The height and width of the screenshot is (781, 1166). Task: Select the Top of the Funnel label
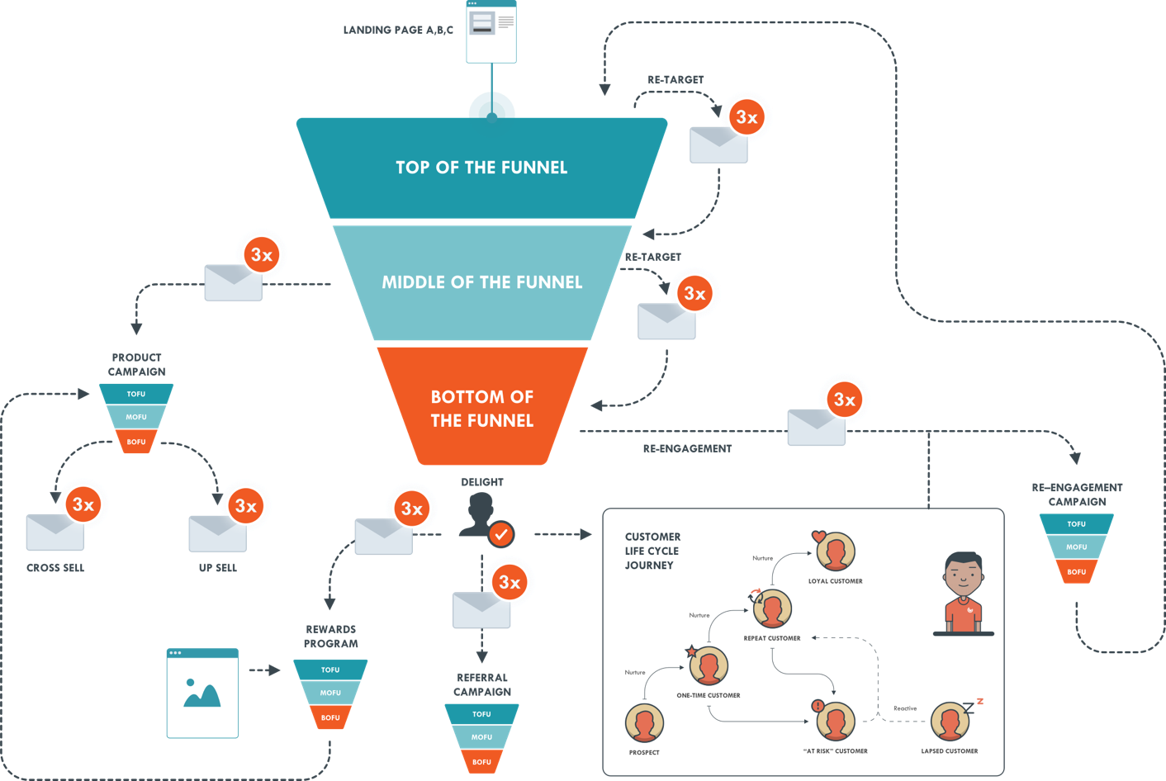tap(481, 168)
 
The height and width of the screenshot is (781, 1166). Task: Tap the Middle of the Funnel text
tap(481, 282)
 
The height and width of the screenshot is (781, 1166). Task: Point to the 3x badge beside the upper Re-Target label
tap(747, 117)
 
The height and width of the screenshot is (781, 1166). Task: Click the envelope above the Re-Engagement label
tap(816, 428)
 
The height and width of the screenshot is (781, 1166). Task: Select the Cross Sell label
tap(55, 568)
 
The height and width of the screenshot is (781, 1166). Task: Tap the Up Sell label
tap(217, 568)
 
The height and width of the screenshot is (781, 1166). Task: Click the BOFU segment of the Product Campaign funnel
tap(136, 442)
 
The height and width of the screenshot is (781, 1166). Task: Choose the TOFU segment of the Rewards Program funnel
tap(330, 670)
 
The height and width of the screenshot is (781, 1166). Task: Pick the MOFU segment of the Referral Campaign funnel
tap(481, 736)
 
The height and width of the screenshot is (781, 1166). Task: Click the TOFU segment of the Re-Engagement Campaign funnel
tap(1076, 523)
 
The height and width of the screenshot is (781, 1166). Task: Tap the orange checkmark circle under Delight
tap(500, 534)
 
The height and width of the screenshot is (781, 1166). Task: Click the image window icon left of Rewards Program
tap(202, 693)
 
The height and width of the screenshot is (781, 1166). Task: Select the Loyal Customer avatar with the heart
tap(835, 551)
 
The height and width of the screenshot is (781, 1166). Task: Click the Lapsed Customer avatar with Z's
tap(950, 722)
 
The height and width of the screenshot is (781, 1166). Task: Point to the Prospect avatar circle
tap(644, 724)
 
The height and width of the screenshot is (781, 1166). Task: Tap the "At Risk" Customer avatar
tap(835, 722)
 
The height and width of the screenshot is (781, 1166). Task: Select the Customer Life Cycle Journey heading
tap(652, 551)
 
